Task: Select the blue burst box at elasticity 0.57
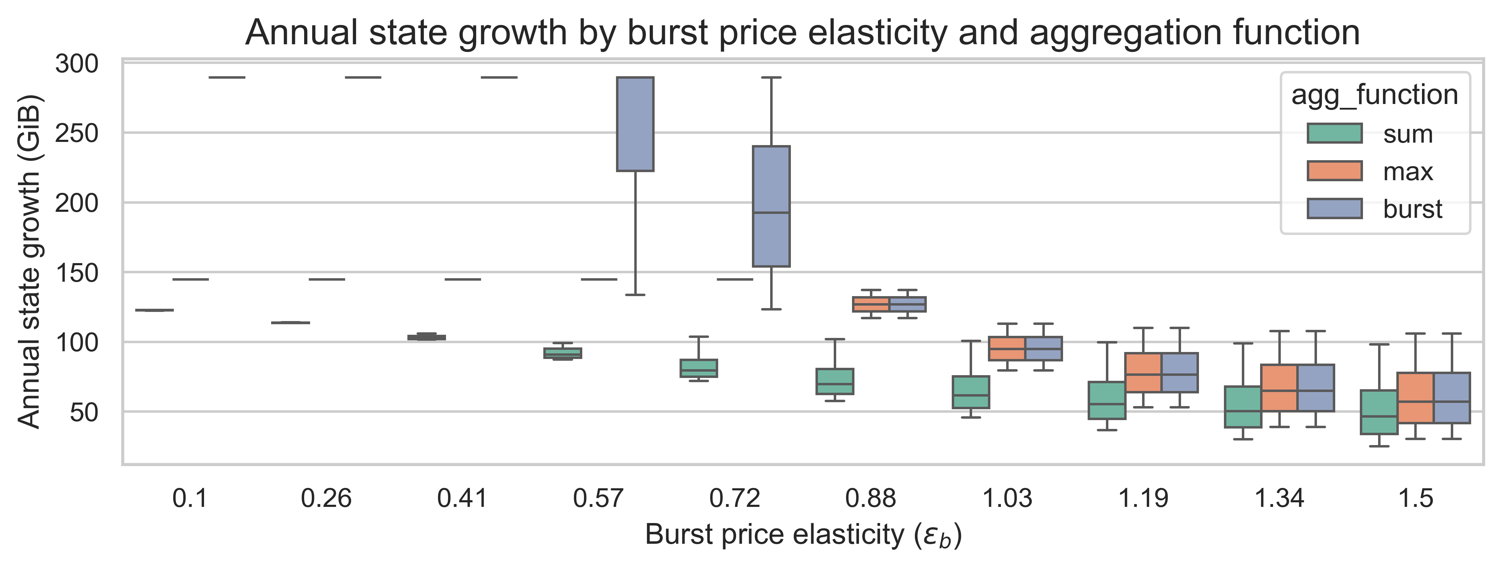pos(635,124)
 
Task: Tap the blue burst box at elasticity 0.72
pos(771,206)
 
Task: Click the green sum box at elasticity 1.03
pos(971,392)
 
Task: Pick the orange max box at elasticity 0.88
pos(871,304)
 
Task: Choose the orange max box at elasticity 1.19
pos(1143,372)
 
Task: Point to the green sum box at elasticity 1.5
pos(1379,412)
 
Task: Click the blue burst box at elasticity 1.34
pos(1316,388)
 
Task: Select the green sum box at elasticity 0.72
pos(699,368)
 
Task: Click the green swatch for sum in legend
pos(1334,133)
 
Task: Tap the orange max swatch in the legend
pos(1334,171)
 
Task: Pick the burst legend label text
pos(1412,209)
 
